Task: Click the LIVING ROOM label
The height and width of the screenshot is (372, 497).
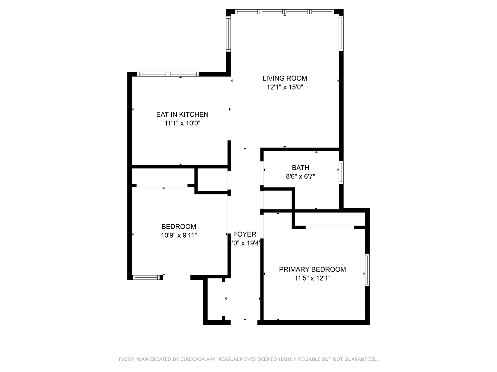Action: tap(285, 79)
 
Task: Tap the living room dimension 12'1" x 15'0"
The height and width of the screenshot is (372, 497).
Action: tap(285, 87)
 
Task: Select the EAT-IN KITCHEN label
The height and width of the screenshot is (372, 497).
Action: tap(182, 115)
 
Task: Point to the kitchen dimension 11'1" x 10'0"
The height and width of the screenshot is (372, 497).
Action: tap(182, 123)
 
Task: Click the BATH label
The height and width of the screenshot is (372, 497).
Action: tap(300, 168)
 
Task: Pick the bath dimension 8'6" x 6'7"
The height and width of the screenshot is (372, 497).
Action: tap(300, 177)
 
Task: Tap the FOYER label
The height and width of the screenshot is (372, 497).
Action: tap(245, 235)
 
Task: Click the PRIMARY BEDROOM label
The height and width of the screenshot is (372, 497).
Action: tap(312, 269)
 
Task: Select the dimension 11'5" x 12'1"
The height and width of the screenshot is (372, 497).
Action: tap(312, 278)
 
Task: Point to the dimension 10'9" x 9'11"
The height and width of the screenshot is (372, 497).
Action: tap(179, 236)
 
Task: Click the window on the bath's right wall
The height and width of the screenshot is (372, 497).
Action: tap(341, 173)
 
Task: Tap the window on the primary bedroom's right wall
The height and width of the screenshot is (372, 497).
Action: tap(367, 270)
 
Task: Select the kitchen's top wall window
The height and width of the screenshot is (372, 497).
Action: tap(168, 74)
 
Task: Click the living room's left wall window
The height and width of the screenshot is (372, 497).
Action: tap(228, 34)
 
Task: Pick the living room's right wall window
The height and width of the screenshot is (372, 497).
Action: tap(341, 33)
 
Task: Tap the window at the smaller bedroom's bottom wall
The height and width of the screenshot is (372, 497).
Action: tap(147, 277)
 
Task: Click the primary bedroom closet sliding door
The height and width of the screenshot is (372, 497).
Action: tap(330, 227)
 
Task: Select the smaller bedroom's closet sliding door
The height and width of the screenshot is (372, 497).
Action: tap(162, 186)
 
